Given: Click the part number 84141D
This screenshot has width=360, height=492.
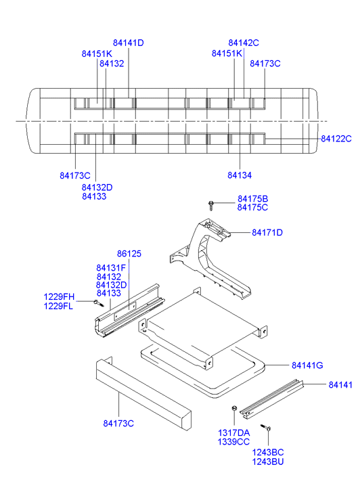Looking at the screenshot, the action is (129, 43).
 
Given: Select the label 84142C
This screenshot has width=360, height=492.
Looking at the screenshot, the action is (244, 43).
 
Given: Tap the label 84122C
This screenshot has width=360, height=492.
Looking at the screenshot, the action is (336, 139).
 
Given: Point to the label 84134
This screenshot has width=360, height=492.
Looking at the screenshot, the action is (240, 175).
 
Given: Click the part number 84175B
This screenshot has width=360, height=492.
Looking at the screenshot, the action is (252, 198).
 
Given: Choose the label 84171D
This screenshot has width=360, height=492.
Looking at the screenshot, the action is (267, 233).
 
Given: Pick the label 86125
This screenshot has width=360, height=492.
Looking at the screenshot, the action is (129, 254).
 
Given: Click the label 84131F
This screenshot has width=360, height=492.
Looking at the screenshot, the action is (111, 268).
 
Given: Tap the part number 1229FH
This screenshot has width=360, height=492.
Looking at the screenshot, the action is (59, 297).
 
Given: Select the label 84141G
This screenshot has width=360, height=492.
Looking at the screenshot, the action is (307, 365).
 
